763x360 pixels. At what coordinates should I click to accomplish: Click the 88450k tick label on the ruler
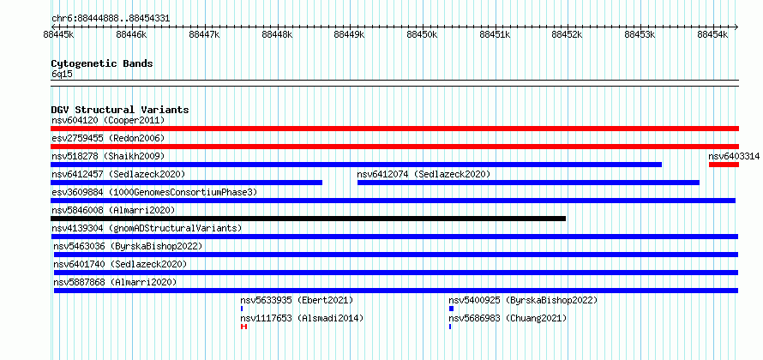(423, 35)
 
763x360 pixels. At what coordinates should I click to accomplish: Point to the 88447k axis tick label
(204, 35)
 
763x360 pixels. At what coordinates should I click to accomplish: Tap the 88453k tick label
(640, 35)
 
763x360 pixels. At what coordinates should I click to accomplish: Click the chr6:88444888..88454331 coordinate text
(111, 19)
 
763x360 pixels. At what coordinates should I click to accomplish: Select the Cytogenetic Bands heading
(102, 63)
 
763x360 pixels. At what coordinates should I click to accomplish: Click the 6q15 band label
(63, 74)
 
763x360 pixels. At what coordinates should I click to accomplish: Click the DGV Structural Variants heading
(120, 110)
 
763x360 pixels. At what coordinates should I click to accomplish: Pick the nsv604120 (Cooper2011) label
(108, 120)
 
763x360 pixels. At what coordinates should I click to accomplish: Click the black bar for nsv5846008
(308, 219)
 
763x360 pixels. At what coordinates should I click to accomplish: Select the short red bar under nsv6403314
(724, 165)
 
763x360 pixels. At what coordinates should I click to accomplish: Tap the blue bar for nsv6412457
(186, 183)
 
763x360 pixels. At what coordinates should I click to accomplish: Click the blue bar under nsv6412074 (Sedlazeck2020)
(528, 183)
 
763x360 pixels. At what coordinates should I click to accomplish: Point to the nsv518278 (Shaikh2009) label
(108, 156)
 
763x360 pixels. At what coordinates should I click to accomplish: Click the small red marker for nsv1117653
(243, 327)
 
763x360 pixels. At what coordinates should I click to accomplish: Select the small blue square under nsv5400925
(451, 309)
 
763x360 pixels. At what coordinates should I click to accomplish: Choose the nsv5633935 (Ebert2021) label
(297, 300)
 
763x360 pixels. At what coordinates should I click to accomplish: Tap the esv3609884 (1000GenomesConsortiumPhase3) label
(154, 192)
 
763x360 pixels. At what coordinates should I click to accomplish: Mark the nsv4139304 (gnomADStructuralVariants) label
(147, 228)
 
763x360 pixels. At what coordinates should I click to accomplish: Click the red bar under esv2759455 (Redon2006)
(394, 147)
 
